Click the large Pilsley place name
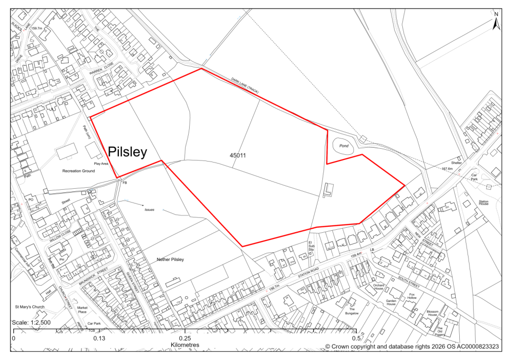point(128,151)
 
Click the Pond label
point(344,146)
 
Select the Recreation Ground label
point(78,171)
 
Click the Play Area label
point(101,164)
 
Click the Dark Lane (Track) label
point(245,86)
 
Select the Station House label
point(484,202)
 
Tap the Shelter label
point(457,163)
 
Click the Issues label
point(149,210)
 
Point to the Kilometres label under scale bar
point(185,345)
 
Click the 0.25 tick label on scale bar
point(185,338)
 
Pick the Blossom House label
point(434,313)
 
